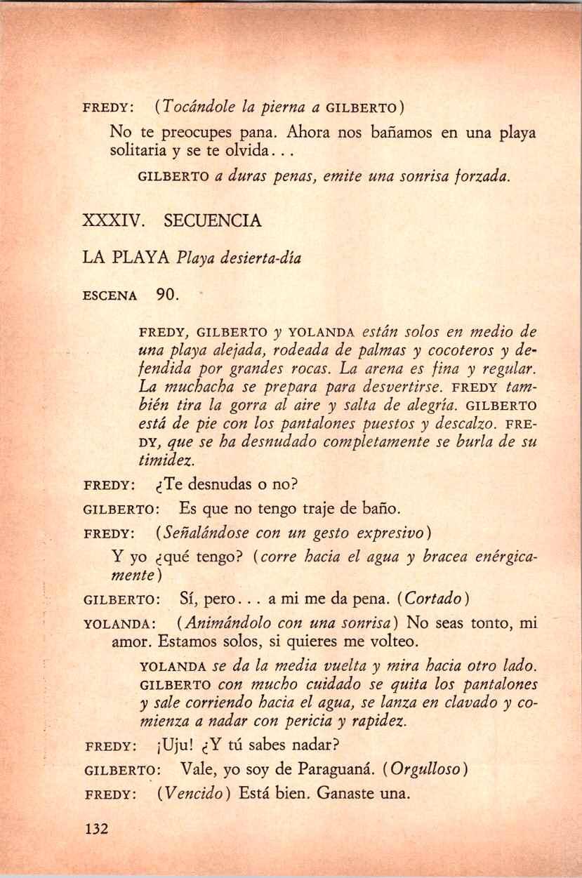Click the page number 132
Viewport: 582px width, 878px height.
point(95,829)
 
